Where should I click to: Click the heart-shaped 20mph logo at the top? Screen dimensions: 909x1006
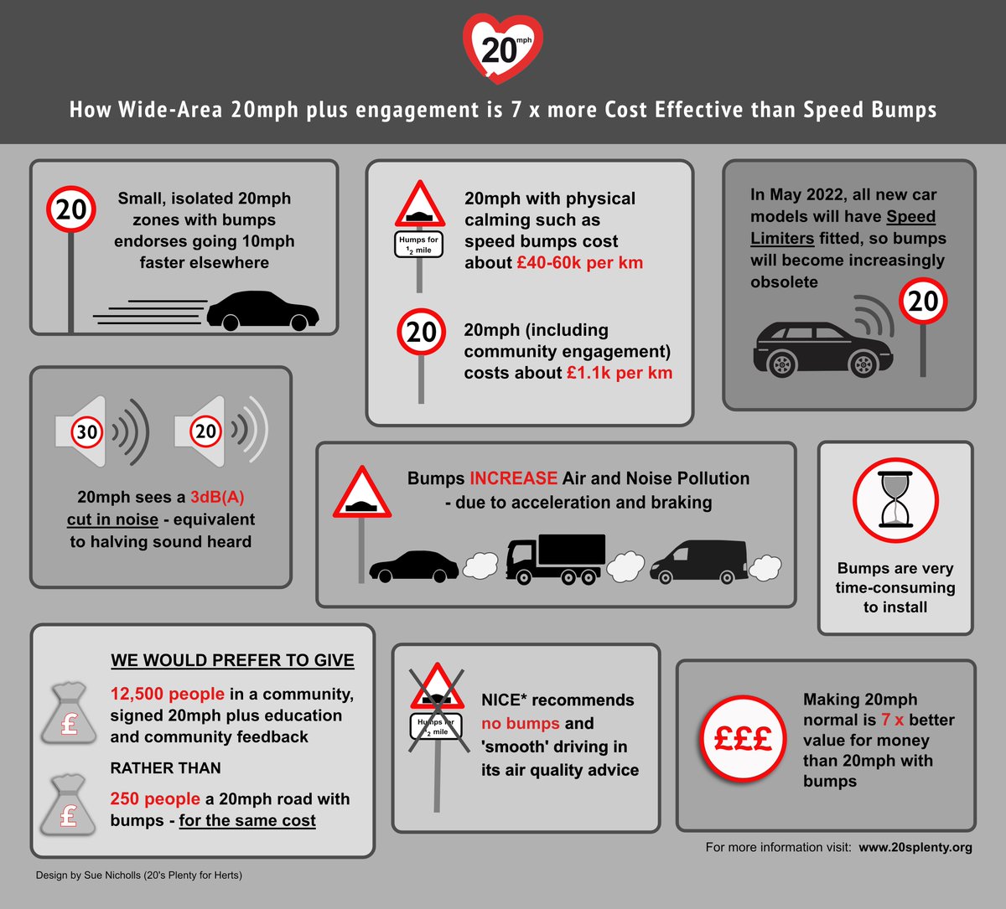[x=502, y=48]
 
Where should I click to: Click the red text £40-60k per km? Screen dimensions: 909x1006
[x=579, y=262]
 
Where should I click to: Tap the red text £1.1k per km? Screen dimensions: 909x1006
[x=619, y=373]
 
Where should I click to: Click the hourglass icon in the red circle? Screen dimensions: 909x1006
[x=895, y=500]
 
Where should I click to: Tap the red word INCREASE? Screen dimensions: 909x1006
[x=513, y=478]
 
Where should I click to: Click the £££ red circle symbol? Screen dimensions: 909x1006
[x=742, y=738]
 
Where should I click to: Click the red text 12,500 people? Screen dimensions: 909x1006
[x=168, y=694]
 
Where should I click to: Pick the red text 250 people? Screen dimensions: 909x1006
[x=155, y=798]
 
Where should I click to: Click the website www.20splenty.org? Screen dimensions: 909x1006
[x=915, y=847]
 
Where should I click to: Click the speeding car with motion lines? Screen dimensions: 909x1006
[x=262, y=311]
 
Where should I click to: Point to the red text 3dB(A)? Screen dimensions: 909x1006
[x=217, y=497]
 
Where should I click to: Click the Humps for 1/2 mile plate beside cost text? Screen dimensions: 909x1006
[x=418, y=245]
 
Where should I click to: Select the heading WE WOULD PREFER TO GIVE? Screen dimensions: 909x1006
[x=232, y=660]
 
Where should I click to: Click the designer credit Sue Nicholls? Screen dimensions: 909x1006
[x=138, y=875]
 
